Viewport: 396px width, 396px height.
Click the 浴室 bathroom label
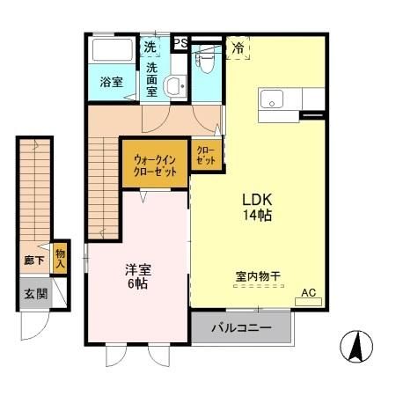pyautogui.click(x=110, y=83)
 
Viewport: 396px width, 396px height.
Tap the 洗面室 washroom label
pyautogui.click(x=152, y=79)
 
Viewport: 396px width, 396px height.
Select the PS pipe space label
pyautogui.click(x=180, y=42)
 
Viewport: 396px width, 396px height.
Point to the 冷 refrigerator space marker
pyautogui.click(x=238, y=48)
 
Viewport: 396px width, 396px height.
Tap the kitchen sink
pyautogui.click(x=270, y=97)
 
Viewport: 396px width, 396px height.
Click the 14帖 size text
pyautogui.click(x=257, y=215)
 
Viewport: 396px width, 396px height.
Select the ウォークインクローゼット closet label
pyautogui.click(x=154, y=165)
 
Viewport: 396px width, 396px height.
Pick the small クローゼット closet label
pyautogui.click(x=205, y=156)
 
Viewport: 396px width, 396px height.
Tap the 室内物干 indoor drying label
pyautogui.click(x=258, y=276)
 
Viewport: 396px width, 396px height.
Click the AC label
pyautogui.click(x=308, y=293)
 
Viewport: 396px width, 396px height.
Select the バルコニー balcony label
pyautogui.click(x=241, y=329)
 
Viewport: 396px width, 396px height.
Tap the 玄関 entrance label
pyautogui.click(x=36, y=295)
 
